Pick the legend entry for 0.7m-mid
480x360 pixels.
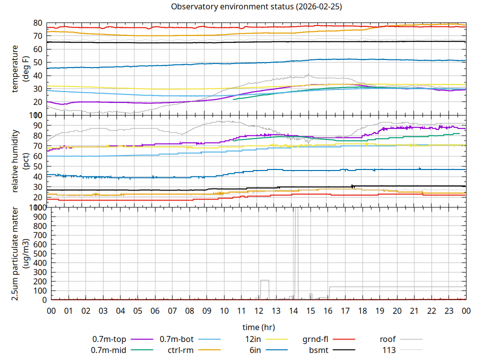[x=109, y=349]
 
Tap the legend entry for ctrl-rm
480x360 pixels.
[x=180, y=349]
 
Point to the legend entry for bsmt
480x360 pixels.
[x=318, y=349]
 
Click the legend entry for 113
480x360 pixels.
[x=389, y=349]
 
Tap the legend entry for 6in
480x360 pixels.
[x=255, y=349]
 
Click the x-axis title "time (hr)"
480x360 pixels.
[x=258, y=327]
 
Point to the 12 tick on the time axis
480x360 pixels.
[x=258, y=311]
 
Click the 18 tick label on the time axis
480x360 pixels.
[x=362, y=311]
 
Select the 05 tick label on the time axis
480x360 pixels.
[x=137, y=311]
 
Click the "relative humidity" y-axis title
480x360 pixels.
[x=16, y=160]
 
